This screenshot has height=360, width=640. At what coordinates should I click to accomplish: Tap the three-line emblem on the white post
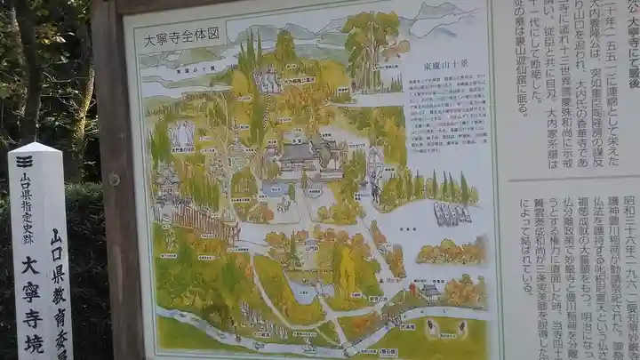point(25,161)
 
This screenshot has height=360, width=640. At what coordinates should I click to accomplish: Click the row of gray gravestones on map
point(452,213)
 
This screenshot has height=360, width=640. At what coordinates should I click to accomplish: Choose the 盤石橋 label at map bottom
point(365,352)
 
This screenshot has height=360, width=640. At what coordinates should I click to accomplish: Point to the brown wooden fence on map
point(204,222)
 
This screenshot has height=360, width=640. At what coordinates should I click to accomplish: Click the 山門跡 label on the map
point(378,300)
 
